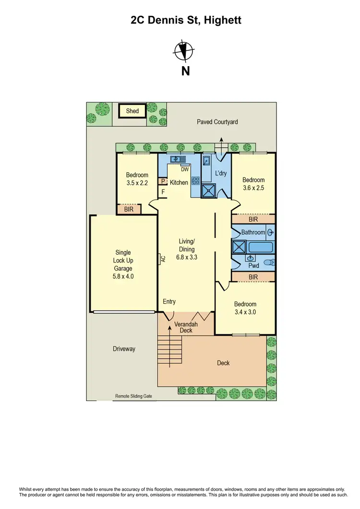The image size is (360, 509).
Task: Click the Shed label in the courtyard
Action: tap(132, 111)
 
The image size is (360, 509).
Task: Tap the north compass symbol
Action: tap(185, 51)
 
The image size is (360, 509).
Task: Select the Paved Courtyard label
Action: tap(217, 122)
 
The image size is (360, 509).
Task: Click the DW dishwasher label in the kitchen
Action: tap(185, 169)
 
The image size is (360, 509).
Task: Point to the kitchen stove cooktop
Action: tap(196, 181)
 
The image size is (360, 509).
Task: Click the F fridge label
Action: tap(163, 192)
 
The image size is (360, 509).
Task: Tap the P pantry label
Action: tap(163, 182)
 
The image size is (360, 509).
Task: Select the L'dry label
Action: tap(221, 173)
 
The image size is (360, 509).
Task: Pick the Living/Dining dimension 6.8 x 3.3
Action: tap(187, 257)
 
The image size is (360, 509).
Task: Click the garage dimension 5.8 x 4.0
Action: tap(123, 276)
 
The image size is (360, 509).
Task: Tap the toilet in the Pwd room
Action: tap(271, 263)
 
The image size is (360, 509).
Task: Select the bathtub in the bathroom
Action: tap(261, 248)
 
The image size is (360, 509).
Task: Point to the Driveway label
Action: tap(124, 349)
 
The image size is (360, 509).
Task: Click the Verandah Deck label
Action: tap(185, 327)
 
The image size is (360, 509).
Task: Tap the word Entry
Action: tap(169, 301)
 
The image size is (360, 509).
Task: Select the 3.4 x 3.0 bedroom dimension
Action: tap(245, 312)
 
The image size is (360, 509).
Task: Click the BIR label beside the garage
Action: tap(129, 209)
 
